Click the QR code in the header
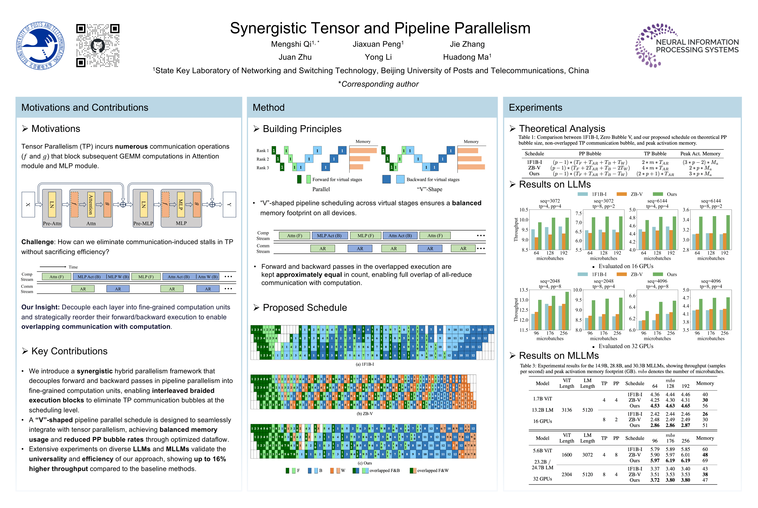click(x=98, y=45)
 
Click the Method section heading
click(x=268, y=108)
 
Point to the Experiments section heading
click(x=535, y=108)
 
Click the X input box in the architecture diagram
click(x=28, y=204)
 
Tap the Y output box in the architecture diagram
click(x=229, y=204)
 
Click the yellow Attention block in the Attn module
click(x=91, y=204)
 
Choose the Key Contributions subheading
click(x=69, y=351)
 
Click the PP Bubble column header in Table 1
click(x=590, y=154)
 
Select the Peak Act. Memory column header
click(x=700, y=154)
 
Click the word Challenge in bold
click(x=37, y=242)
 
